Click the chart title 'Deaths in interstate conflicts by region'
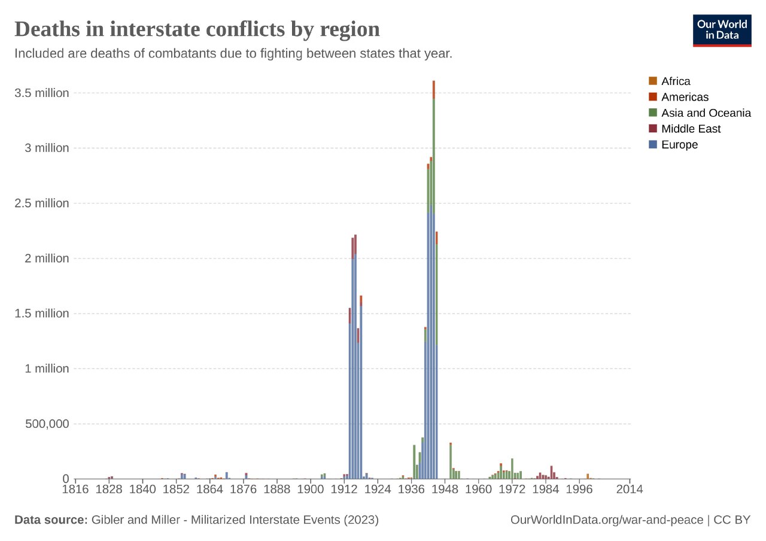pyautogui.click(x=197, y=29)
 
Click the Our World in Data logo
pyautogui.click(x=721, y=30)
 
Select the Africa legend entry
pyautogui.click(x=676, y=81)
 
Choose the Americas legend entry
pyautogui.click(x=685, y=97)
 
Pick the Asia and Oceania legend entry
pyautogui.click(x=706, y=113)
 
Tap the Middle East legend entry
pyautogui.click(x=691, y=129)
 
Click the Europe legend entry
pyautogui.click(x=679, y=145)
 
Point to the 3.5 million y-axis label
pyautogui.click(x=41, y=93)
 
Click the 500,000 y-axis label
pyautogui.click(x=45, y=424)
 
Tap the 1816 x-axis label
pyautogui.click(x=75, y=490)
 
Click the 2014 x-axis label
pyautogui.click(x=630, y=490)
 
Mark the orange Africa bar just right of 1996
pyautogui.click(x=588, y=476)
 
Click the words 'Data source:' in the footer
pyautogui.click(x=51, y=520)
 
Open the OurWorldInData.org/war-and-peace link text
pyautogui.click(x=607, y=520)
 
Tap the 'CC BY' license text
pyautogui.click(x=732, y=520)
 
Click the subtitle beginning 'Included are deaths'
pyautogui.click(x=233, y=53)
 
